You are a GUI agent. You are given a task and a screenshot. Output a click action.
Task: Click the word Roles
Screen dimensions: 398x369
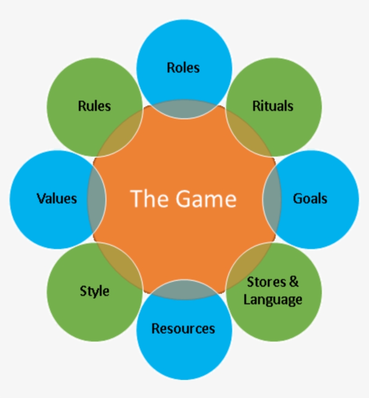183,67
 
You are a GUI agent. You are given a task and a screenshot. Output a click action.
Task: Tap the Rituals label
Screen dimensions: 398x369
273,106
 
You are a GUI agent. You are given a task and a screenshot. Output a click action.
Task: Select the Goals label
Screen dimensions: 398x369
310,198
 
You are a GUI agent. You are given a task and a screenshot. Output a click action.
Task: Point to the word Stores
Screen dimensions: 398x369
266,282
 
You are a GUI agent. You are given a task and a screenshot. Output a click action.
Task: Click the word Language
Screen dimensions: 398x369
273,299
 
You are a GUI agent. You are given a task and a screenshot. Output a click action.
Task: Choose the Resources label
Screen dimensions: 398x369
183,329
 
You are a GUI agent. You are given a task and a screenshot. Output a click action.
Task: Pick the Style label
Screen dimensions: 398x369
94,291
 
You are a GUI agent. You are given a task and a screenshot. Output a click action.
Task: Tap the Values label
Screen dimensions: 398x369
57,198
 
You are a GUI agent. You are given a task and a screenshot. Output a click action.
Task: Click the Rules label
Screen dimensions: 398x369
94,106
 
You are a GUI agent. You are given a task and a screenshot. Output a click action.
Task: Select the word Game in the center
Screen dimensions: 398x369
206,199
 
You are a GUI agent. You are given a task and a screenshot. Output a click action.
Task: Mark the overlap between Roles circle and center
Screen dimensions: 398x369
184,109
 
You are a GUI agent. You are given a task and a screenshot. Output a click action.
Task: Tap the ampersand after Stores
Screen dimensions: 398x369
293,282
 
